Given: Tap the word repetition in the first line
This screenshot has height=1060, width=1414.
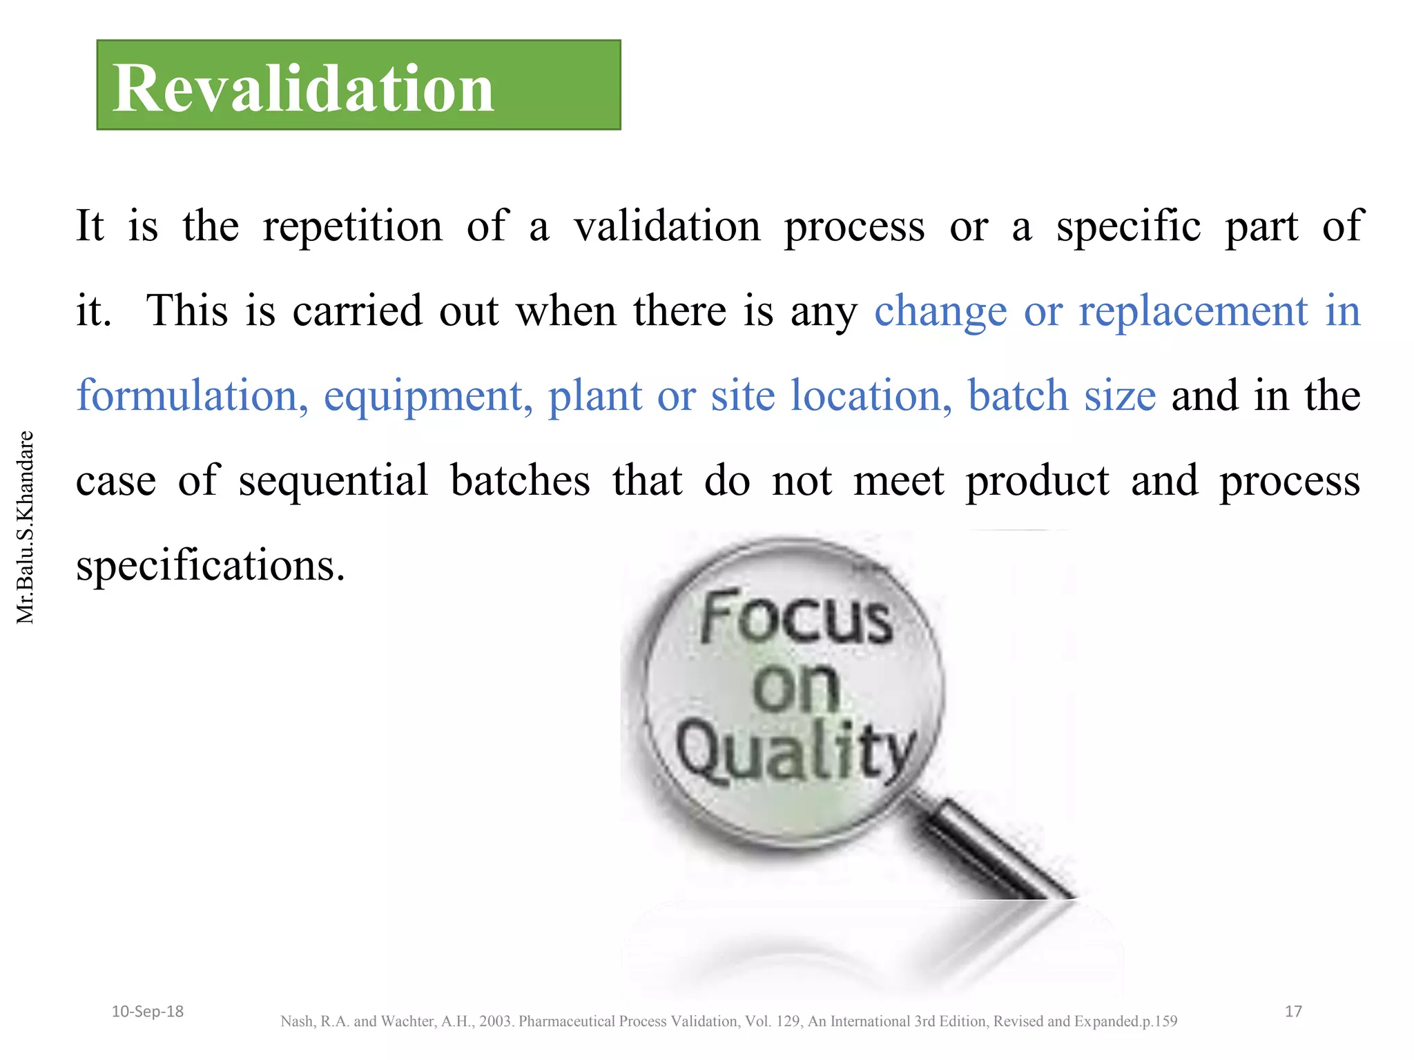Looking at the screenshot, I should pos(352,226).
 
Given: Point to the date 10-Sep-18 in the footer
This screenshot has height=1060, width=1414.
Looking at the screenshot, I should pos(147,1012).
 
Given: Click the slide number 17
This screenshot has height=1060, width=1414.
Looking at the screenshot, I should pos(1293,1012).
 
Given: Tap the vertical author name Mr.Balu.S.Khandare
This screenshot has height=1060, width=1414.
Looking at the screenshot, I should pos(25,527).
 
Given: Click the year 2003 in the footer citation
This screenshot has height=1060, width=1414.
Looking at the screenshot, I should pos(495,1021).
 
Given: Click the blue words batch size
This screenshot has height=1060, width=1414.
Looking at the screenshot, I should pos(1061,396).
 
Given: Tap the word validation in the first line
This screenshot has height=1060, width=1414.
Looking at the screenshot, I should pos(667,226).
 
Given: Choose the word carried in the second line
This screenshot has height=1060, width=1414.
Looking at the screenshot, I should pos(357,311).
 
